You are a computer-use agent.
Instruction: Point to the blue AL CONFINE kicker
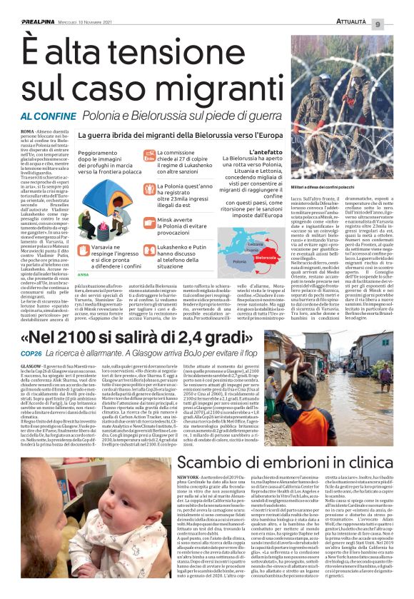tap(46, 116)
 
